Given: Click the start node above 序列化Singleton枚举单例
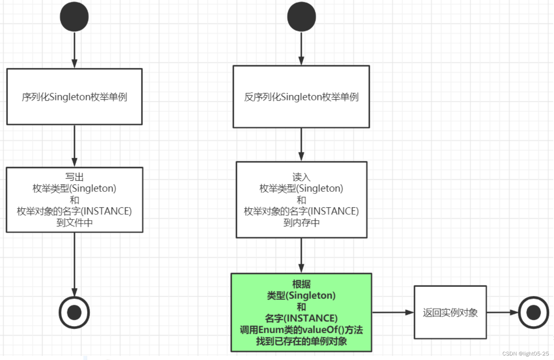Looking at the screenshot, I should [74, 17].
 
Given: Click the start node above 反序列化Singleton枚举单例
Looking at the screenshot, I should [301, 17].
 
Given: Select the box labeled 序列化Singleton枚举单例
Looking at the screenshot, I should [74, 97].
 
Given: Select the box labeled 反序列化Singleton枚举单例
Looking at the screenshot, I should [301, 97].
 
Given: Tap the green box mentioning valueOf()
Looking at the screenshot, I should [301, 312].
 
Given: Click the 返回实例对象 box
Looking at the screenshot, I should [450, 312].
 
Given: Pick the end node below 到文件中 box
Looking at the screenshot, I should [74, 312].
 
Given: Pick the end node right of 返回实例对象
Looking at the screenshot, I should [533, 312].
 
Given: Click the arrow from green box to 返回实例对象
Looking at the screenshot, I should [393, 312].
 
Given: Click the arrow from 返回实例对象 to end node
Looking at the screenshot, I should [502, 312].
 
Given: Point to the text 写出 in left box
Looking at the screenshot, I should [74, 177].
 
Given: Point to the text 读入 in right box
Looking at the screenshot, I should [301, 177].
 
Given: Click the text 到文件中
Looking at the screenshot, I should [74, 223].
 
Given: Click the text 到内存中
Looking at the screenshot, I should [301, 223].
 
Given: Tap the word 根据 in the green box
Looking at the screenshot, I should [301, 284].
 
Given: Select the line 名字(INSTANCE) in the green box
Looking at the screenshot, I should [301, 318].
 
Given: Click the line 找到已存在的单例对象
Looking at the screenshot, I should [301, 341].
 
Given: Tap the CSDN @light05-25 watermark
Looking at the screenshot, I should [525, 353].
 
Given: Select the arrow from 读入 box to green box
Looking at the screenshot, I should [301, 255].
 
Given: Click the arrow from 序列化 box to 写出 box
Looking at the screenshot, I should [74, 145].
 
